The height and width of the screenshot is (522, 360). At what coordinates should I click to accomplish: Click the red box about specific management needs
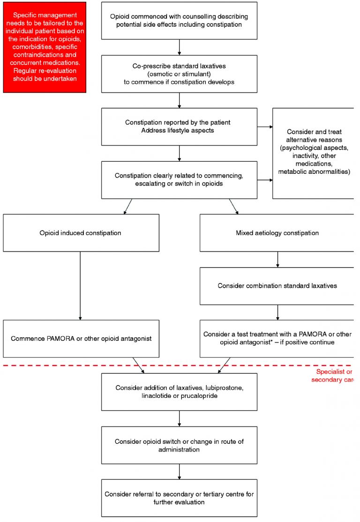click(x=45, y=47)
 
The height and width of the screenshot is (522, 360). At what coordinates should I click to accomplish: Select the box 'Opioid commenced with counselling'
click(x=179, y=21)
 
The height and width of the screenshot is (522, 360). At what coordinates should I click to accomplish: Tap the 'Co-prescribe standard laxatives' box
click(x=179, y=74)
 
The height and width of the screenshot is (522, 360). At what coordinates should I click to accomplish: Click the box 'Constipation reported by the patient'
click(x=179, y=127)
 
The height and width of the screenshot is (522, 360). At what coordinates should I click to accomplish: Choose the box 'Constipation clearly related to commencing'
click(x=179, y=180)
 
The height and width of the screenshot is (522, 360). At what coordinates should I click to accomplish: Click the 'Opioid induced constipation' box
click(x=81, y=233)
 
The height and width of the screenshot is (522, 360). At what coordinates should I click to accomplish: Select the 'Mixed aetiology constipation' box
click(x=277, y=233)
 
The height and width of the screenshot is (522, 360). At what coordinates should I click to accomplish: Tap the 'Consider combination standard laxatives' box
click(x=277, y=286)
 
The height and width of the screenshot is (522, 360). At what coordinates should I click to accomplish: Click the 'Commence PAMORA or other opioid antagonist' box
click(x=81, y=339)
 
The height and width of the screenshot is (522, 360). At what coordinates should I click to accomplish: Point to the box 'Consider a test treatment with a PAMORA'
click(x=277, y=339)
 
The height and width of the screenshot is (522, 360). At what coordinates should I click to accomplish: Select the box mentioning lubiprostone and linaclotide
click(x=179, y=392)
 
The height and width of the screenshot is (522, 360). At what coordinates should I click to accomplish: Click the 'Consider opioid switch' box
click(x=179, y=445)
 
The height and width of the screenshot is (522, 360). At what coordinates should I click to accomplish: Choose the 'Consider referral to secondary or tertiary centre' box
click(x=179, y=498)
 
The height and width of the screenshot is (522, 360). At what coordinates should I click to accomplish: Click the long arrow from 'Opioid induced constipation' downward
click(x=81, y=286)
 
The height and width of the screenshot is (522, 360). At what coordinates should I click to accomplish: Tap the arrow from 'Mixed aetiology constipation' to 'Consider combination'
click(x=277, y=260)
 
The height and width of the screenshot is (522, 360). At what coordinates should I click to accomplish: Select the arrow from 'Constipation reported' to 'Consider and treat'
click(x=265, y=127)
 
